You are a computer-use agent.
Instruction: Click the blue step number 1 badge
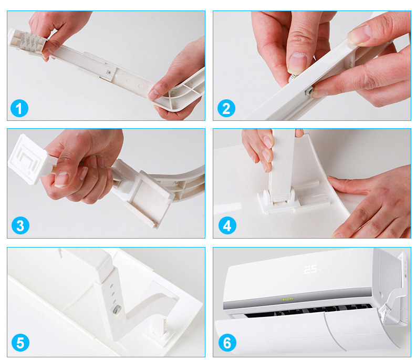[x=19, y=108]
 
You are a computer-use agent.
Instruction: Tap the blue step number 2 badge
[x=226, y=108]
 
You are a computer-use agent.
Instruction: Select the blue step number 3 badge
[x=20, y=225]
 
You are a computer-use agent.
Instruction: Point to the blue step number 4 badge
[x=227, y=225]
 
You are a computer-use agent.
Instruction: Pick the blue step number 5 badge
[x=20, y=343]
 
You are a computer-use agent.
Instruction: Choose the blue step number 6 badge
[x=227, y=343]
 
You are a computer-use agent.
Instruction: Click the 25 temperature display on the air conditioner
[x=310, y=270]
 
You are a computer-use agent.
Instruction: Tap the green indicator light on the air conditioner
[x=287, y=299]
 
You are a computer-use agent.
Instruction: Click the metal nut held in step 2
[x=308, y=91]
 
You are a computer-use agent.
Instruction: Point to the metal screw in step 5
[x=117, y=309]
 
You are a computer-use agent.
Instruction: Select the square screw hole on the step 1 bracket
[x=109, y=71]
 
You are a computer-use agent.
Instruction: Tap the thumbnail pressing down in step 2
[x=297, y=61]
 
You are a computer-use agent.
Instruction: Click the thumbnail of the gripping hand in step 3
[x=61, y=178]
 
